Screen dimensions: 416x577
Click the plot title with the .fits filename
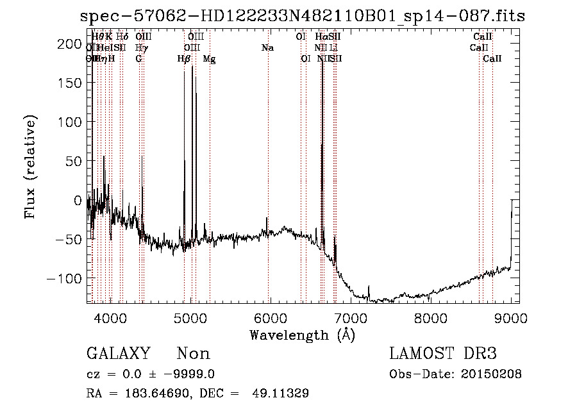tap(302, 17)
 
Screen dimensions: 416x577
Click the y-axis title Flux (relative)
tap(30, 167)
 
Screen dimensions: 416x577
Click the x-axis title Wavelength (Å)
tap(302, 335)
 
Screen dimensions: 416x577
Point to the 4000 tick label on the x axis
tap(111, 318)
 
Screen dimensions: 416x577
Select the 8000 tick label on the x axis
tap(431, 318)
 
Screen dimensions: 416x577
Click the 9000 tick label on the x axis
tap(511, 318)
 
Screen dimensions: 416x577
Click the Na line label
tap(267, 48)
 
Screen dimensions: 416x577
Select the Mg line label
tap(209, 59)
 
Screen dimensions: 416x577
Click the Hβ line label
tap(184, 59)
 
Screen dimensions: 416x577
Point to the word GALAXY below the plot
tap(119, 354)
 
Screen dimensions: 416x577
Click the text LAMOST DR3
tap(443, 354)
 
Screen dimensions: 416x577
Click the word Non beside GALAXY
tap(194, 354)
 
